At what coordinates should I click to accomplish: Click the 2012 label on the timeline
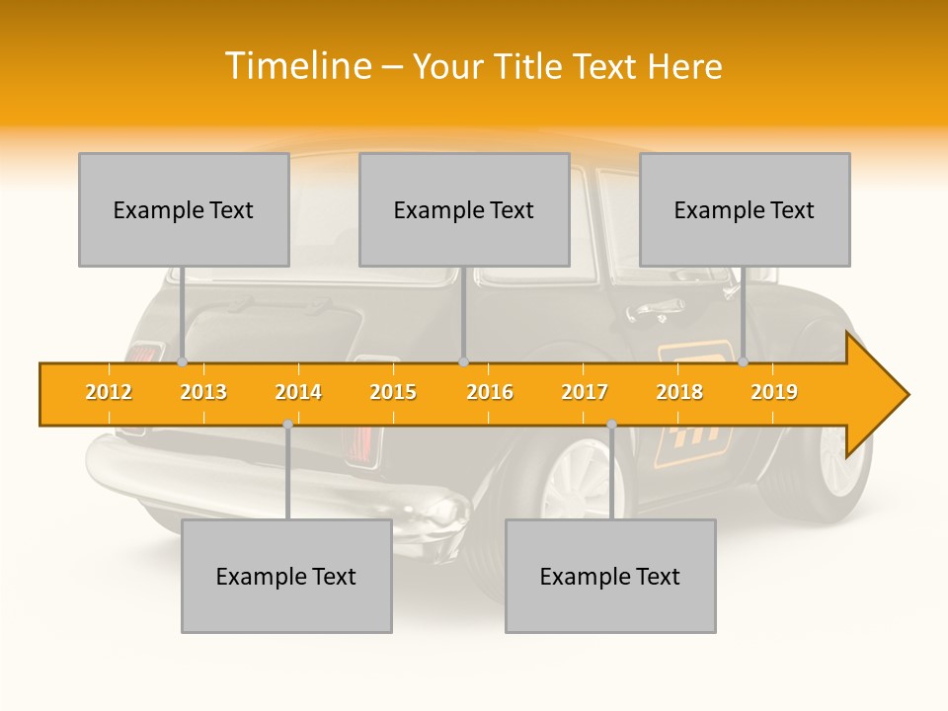tap(109, 392)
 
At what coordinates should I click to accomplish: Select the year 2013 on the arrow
tap(203, 392)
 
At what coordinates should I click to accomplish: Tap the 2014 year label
tap(298, 392)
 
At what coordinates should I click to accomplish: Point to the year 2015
tap(393, 392)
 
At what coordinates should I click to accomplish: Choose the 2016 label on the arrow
tap(490, 392)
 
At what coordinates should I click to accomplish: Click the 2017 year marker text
tap(585, 392)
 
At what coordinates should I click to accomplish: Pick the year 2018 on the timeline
tap(679, 392)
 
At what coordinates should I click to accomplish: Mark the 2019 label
tap(774, 392)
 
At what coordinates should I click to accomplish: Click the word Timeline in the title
tap(295, 66)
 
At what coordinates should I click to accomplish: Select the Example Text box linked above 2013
tap(184, 209)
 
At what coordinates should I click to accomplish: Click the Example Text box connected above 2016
tap(464, 209)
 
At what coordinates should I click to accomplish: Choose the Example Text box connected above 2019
tap(745, 209)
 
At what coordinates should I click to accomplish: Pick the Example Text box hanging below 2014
tap(286, 576)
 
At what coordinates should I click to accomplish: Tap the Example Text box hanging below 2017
tap(610, 576)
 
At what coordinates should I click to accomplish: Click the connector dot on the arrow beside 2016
tap(464, 362)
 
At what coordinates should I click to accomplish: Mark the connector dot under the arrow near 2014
tap(287, 425)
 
